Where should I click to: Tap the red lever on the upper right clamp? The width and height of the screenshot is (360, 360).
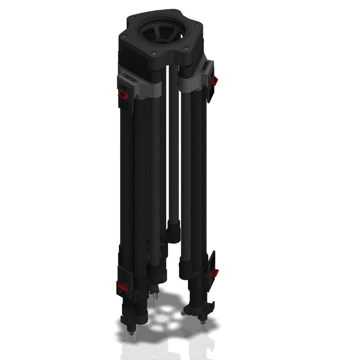(x=214, y=81)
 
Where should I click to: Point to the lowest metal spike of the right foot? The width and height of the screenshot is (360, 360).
(x=202, y=322)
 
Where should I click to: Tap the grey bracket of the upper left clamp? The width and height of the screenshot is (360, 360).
(x=150, y=88)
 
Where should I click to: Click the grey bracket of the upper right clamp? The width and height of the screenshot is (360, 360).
(x=190, y=82)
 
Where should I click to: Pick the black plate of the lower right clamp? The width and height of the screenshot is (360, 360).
(x=212, y=263)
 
